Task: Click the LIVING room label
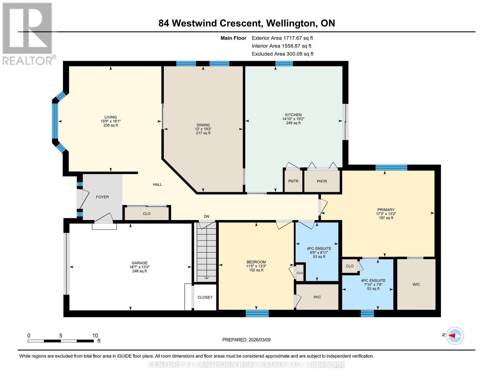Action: click(x=110, y=117)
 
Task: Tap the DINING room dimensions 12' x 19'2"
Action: click(x=203, y=129)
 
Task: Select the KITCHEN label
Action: click(x=293, y=115)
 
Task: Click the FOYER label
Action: click(x=102, y=197)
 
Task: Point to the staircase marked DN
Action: click(x=206, y=252)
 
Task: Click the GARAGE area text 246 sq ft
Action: click(x=139, y=271)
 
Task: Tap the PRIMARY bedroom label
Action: click(x=386, y=210)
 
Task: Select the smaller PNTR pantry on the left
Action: click(x=293, y=181)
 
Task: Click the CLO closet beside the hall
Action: click(x=146, y=214)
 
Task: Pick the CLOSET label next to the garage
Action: click(x=205, y=297)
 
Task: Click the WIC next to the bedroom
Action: click(x=317, y=297)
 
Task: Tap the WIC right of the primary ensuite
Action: click(x=416, y=284)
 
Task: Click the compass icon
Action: click(x=455, y=336)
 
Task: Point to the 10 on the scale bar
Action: click(x=95, y=336)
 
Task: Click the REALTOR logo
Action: click(x=28, y=33)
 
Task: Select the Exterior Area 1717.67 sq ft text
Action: click(x=282, y=38)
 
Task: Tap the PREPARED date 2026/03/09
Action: click(x=258, y=340)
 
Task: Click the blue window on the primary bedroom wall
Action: click(x=391, y=167)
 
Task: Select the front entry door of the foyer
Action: click(x=80, y=199)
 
